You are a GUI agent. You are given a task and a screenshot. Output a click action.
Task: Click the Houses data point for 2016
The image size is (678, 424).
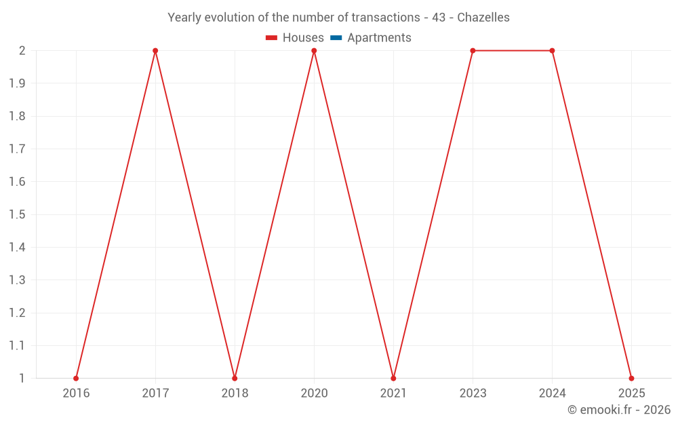pyautogui.click(x=76, y=378)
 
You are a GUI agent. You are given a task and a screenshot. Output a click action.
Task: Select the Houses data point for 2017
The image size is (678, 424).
pyautogui.click(x=155, y=51)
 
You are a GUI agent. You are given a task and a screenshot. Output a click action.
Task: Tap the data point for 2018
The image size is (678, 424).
pyautogui.click(x=235, y=378)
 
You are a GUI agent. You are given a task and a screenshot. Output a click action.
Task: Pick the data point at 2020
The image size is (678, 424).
pyautogui.click(x=314, y=51)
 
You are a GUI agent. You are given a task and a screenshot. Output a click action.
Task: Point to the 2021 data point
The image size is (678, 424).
pyautogui.click(x=393, y=378)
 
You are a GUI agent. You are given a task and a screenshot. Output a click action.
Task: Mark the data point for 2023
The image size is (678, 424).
pyautogui.click(x=473, y=51)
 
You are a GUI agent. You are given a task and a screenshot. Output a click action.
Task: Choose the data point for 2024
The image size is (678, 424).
pyautogui.click(x=552, y=51)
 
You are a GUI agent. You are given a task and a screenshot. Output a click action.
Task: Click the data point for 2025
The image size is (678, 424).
pyautogui.click(x=631, y=378)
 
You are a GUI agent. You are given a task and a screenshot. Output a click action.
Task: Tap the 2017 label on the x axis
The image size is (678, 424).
pyautogui.click(x=155, y=393)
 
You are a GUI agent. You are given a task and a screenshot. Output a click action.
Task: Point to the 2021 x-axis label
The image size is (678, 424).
pyautogui.click(x=393, y=393)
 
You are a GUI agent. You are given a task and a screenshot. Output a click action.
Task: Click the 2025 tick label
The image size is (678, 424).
pyautogui.click(x=631, y=393)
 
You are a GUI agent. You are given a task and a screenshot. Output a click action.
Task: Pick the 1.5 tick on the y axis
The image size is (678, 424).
pyautogui.click(x=17, y=214)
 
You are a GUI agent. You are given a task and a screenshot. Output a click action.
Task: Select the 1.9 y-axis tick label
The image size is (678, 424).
pyautogui.click(x=17, y=83)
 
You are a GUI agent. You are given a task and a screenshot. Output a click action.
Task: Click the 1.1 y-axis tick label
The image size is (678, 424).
pyautogui.click(x=17, y=345)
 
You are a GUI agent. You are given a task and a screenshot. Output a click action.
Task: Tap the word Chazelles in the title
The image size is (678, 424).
pyautogui.click(x=483, y=18)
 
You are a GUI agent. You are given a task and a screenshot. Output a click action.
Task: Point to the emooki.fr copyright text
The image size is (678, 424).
pyautogui.click(x=619, y=410)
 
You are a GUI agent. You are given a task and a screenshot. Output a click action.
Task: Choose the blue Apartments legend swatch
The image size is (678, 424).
pyautogui.click(x=336, y=38)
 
